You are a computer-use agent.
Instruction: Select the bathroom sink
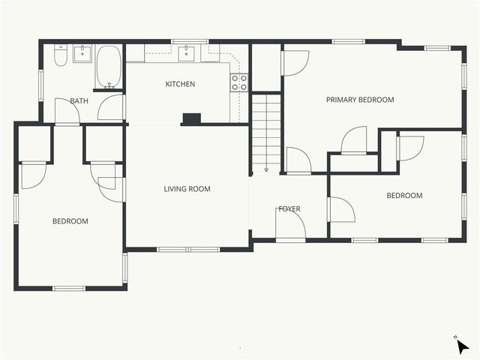(x=82, y=53)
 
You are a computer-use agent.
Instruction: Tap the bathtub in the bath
(x=109, y=67)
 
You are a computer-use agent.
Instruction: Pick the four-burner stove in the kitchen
(x=239, y=82)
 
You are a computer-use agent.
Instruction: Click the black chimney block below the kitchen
(x=192, y=118)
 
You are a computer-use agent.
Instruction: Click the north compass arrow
(x=463, y=346)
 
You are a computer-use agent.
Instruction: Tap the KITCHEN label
(x=180, y=84)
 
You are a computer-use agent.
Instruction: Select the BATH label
(x=79, y=100)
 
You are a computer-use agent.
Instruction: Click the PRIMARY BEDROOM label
(x=359, y=100)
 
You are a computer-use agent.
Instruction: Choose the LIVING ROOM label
(x=187, y=189)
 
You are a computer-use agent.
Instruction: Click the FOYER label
(x=289, y=208)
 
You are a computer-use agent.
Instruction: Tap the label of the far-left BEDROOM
(x=70, y=221)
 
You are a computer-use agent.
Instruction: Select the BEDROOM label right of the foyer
(x=404, y=196)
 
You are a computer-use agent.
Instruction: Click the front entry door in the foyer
(x=289, y=225)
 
